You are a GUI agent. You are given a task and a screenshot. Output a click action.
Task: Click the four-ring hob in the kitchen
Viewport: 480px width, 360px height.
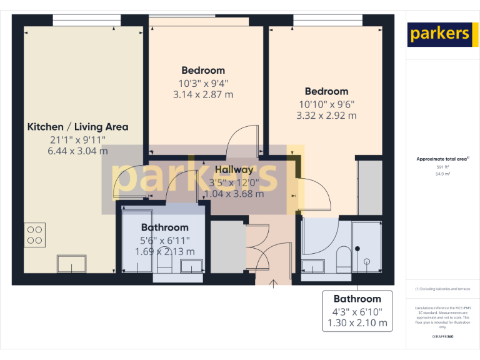(35, 234)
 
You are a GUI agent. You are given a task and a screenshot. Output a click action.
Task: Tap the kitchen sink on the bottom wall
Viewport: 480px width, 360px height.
(71, 264)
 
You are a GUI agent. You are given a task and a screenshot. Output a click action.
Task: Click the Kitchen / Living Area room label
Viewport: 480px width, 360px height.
(77, 127)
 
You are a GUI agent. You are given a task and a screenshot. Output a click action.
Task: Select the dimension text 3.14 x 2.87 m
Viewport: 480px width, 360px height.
(203, 94)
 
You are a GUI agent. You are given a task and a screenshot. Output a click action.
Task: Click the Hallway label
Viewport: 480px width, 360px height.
(234, 169)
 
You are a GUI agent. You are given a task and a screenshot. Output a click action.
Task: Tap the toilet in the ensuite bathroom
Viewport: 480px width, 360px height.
(342, 257)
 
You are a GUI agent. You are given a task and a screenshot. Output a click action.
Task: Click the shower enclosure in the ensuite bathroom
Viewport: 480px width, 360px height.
(366, 248)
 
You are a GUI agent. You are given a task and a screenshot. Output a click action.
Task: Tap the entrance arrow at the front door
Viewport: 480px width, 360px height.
(273, 285)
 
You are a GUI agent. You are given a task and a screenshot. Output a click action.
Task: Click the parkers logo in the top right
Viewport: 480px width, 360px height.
(439, 34)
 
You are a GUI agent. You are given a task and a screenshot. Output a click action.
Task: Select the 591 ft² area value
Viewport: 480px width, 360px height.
(442, 167)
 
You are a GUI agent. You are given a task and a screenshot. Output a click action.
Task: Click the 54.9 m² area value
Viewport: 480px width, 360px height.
(442, 174)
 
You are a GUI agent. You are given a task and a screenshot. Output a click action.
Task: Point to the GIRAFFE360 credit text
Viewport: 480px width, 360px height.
(442, 337)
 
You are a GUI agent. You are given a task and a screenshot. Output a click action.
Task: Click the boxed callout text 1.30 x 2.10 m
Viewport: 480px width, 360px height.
(357, 324)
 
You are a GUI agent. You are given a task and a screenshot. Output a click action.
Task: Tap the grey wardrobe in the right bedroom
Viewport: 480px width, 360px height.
(369, 187)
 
